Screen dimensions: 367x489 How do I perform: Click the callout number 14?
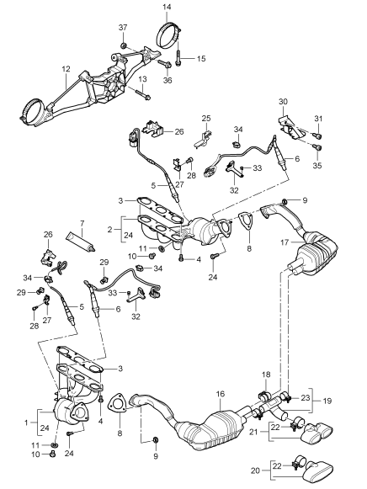[x=167, y=8]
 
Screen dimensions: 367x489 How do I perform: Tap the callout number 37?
[x=123, y=28]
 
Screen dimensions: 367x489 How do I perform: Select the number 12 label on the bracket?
[x=66, y=69]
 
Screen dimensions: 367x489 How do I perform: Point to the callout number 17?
[x=285, y=242]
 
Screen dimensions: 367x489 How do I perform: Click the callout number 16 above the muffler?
[x=221, y=394]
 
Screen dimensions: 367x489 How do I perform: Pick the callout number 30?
[x=283, y=101]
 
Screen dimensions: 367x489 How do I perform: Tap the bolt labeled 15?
[x=178, y=59]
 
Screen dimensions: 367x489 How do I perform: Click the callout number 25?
[x=206, y=119]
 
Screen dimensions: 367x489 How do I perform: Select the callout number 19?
[x=327, y=401]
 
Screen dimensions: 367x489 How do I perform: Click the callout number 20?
[x=255, y=470]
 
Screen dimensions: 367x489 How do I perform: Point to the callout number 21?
[x=254, y=432]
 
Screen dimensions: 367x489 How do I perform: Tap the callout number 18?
[x=266, y=375]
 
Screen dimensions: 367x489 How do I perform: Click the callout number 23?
[x=306, y=397]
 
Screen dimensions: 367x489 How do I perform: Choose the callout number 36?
[x=168, y=81]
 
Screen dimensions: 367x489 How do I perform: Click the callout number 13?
[x=142, y=79]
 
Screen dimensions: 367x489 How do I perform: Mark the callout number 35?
[x=317, y=165]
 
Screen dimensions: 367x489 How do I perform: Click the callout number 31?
[x=318, y=119]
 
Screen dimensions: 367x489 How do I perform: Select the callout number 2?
[x=109, y=230]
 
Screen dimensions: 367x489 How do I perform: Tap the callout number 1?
[x=26, y=423]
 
